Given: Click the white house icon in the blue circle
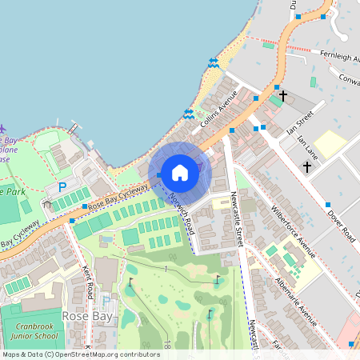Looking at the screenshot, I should click(x=180, y=171).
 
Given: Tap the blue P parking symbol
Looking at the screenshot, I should click(x=62, y=187).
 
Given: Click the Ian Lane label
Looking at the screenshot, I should click(x=307, y=147).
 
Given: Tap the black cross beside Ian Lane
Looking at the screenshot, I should click(x=307, y=166).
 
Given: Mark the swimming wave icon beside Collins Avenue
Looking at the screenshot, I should click(x=189, y=114).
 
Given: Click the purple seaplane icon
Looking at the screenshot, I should click(x=2, y=128).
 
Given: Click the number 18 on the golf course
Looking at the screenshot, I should click(x=167, y=346).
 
